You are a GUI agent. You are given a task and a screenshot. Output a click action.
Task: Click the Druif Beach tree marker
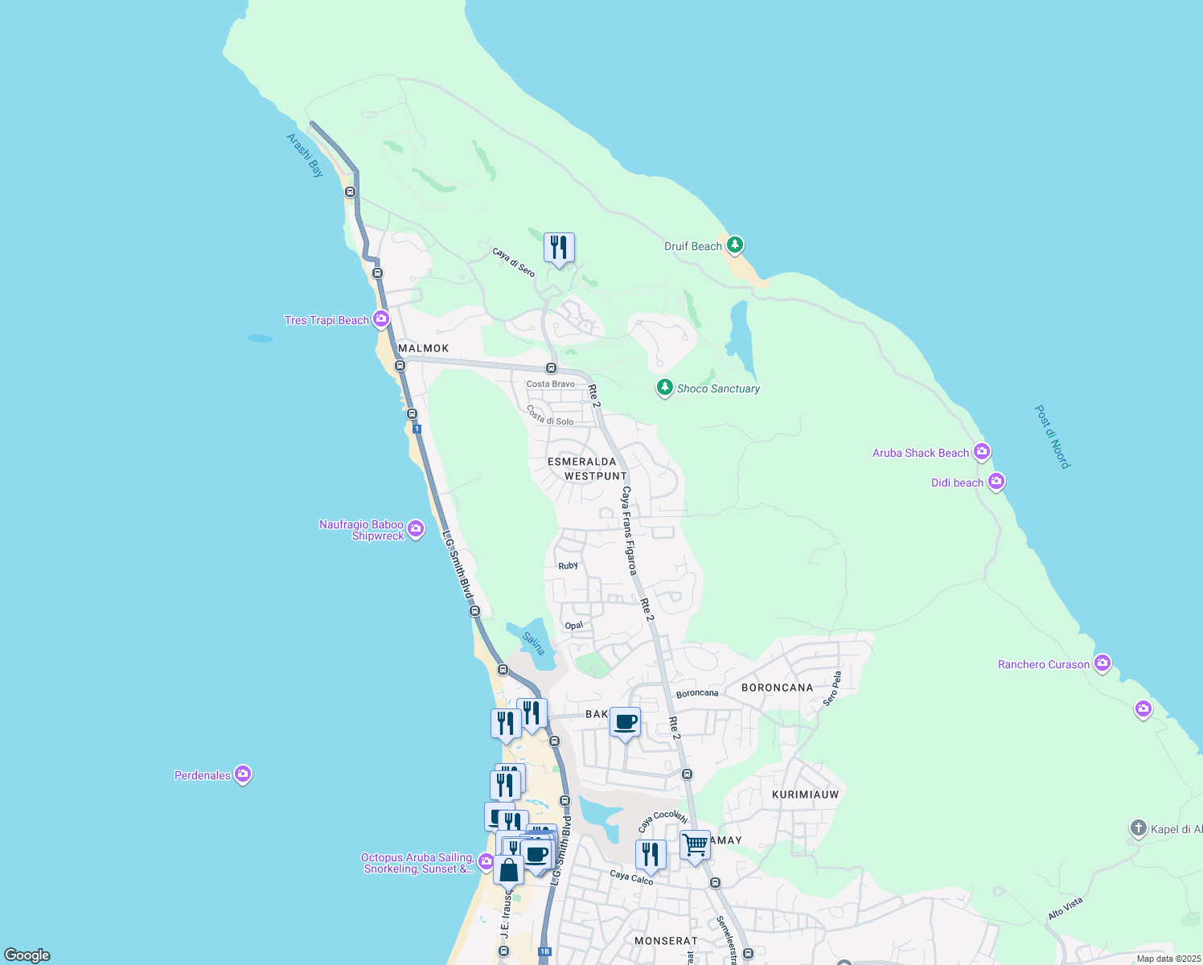click(x=734, y=244)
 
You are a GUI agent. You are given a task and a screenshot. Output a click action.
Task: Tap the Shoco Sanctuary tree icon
click(x=664, y=388)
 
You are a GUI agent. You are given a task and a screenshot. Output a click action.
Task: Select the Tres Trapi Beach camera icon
click(x=381, y=319)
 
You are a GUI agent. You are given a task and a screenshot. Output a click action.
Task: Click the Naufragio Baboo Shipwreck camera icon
click(x=416, y=528)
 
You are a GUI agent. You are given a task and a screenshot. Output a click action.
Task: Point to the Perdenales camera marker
click(x=243, y=774)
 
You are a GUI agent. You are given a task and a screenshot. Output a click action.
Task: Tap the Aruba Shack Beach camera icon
click(x=981, y=452)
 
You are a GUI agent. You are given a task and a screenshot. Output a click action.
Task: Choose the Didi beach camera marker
click(x=996, y=482)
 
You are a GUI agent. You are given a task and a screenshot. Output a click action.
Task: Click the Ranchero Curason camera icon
click(x=1102, y=663)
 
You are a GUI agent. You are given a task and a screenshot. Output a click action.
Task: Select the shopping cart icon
click(x=695, y=846)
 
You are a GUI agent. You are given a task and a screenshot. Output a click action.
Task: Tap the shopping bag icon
click(x=508, y=870)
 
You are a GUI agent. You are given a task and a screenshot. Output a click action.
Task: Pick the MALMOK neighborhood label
click(x=424, y=348)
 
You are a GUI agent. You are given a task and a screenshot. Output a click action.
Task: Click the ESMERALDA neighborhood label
click(x=581, y=462)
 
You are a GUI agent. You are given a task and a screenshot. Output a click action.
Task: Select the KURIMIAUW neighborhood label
click(x=805, y=795)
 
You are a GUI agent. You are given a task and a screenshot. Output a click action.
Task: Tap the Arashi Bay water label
click(x=305, y=155)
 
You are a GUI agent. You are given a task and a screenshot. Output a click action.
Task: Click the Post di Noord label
click(x=1052, y=437)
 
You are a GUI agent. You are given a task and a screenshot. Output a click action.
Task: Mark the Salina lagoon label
click(x=533, y=643)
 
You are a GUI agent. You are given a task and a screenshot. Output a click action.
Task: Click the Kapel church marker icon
click(x=1138, y=828)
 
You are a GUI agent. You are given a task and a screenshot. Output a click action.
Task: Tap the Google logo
click(x=27, y=955)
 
